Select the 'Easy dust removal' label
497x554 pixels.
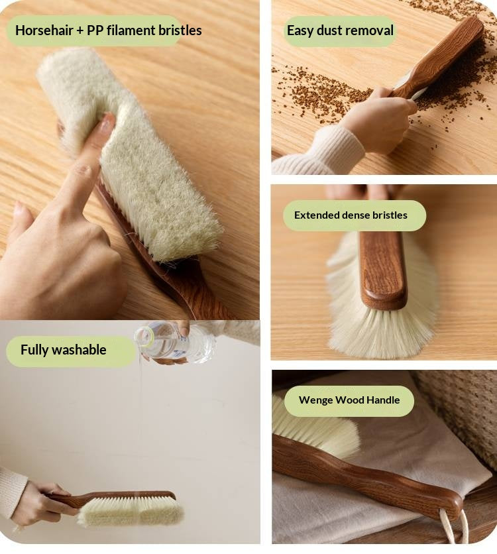(x=340, y=30)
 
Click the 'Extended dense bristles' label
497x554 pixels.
(x=351, y=215)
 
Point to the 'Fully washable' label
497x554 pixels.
(x=63, y=350)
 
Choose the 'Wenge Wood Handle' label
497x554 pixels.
(x=349, y=400)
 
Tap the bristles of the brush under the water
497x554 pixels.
(x=130, y=512)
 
